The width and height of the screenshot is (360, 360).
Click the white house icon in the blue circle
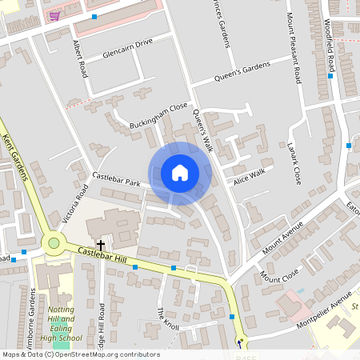point(180,173)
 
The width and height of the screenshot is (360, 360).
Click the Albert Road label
point(79,58)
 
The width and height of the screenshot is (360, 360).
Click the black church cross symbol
point(101,243)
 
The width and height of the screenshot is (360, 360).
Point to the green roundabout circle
point(54,242)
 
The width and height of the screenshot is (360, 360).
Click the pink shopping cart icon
point(54,15)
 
